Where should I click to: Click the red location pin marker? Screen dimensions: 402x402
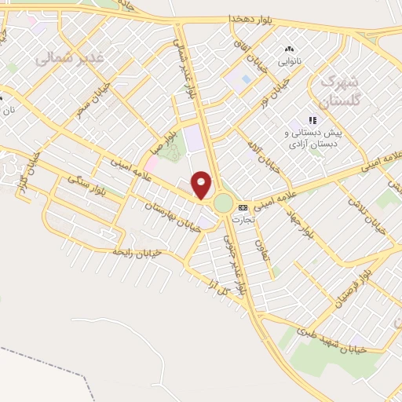tap(203, 185)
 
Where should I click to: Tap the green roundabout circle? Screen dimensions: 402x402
tap(223, 204)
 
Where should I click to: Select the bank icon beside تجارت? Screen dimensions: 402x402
tap(242, 207)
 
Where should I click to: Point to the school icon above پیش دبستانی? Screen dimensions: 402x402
tap(312, 120)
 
